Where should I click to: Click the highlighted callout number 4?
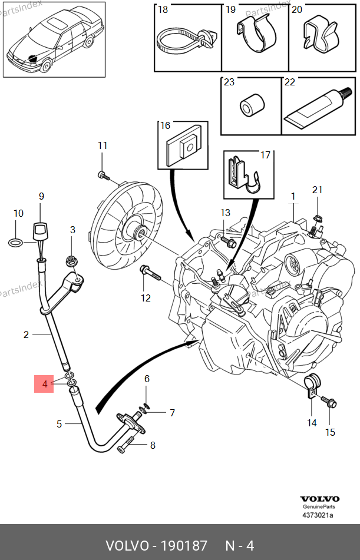[45, 385]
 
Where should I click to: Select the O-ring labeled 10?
[18, 241]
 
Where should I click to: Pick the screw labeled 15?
[329, 403]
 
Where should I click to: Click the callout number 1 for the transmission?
[292, 195]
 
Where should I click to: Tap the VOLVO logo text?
[319, 498]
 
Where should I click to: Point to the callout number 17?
[265, 155]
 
